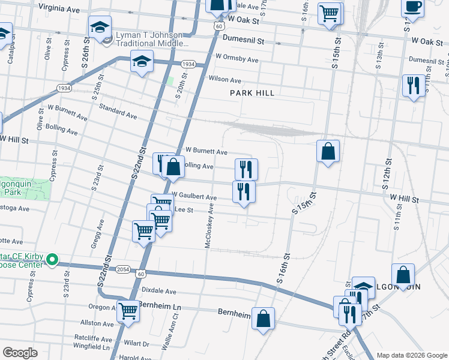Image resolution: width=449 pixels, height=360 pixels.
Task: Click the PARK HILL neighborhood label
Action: pyautogui.click(x=252, y=93)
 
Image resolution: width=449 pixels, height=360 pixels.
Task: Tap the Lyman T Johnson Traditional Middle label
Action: pyautogui.click(x=152, y=40)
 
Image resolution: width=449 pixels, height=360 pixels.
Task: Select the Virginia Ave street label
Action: pyautogui.click(x=59, y=10)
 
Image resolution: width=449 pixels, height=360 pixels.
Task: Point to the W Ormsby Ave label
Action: pyautogui.click(x=237, y=60)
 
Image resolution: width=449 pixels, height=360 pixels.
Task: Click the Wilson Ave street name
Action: pyautogui.click(x=224, y=80)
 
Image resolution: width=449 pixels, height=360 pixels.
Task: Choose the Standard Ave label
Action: pyautogui.click(x=118, y=111)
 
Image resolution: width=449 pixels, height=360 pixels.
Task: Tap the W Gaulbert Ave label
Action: pyautogui.click(x=194, y=196)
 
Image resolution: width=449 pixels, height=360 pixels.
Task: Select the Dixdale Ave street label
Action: pyautogui.click(x=158, y=291)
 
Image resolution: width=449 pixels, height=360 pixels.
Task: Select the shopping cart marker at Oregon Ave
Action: pyautogui.click(x=127, y=310)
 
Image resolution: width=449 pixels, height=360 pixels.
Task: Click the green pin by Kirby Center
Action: pyautogui.click(x=52, y=260)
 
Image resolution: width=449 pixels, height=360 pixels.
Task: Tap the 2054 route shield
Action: pyautogui.click(x=122, y=269)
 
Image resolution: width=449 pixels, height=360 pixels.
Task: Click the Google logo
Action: pyautogui.click(x=20, y=353)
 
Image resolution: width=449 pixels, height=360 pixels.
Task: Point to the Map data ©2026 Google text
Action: pyautogui.click(x=412, y=355)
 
